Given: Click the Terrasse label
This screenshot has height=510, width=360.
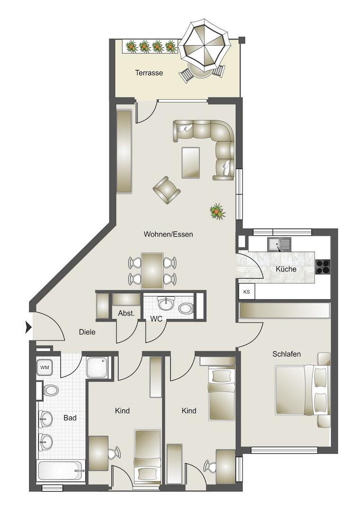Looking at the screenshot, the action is click(149, 73).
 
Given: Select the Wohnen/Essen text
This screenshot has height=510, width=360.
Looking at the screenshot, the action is click(168, 234).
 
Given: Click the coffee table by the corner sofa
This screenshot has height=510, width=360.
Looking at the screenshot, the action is click(191, 162).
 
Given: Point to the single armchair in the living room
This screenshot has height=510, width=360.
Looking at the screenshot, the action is click(167, 190).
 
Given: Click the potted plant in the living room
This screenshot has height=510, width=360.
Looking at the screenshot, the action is click(218, 212).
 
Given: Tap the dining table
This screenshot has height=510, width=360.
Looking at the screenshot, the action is click(152, 271).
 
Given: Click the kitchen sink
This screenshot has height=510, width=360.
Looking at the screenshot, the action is click(279, 244).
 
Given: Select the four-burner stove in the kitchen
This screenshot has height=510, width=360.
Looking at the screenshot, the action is click(323, 267).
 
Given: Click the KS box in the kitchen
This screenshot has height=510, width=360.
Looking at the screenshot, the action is click(247, 292).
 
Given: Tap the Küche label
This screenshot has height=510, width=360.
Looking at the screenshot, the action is click(286, 269).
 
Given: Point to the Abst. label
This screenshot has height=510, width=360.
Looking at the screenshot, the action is click(126, 314).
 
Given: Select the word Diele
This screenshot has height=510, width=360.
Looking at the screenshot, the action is click(87, 332).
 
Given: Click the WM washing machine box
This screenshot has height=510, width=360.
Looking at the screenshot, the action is click(44, 367).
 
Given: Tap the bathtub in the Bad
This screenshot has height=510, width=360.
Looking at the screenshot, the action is click(62, 471).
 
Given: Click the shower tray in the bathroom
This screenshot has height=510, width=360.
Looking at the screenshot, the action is click(97, 367).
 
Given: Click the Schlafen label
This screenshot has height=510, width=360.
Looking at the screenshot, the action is click(286, 354).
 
